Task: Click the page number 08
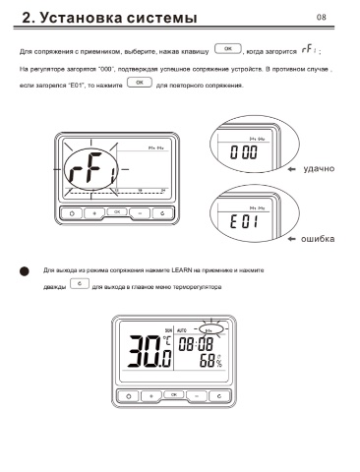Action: (x=322, y=17)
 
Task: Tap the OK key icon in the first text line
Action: (x=228, y=48)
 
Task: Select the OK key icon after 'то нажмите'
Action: (x=140, y=83)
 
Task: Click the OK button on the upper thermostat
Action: (x=117, y=212)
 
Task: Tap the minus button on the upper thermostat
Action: (x=140, y=213)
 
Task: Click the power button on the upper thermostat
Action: (x=72, y=213)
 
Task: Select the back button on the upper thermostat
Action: (x=162, y=213)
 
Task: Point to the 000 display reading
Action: (x=244, y=152)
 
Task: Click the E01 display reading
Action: (x=244, y=222)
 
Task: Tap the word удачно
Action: (x=319, y=169)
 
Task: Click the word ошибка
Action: (x=318, y=239)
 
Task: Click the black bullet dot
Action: (x=25, y=271)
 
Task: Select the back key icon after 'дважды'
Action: (x=80, y=283)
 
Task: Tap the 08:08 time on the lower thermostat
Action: (x=196, y=344)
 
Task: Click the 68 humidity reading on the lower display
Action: (x=208, y=361)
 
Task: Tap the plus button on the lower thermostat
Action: (x=151, y=396)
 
